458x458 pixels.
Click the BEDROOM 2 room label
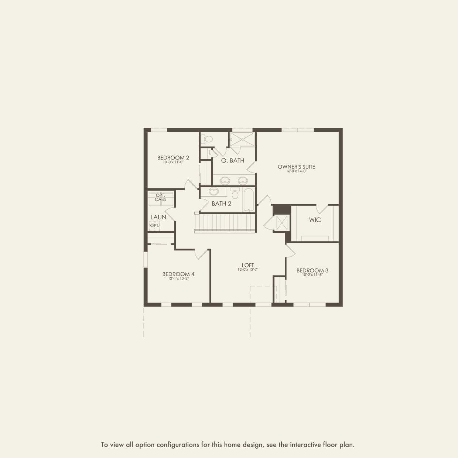tap(173, 158)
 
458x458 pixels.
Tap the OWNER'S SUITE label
tap(296, 167)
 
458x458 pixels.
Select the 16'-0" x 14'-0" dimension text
tap(296, 171)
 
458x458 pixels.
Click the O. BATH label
tap(232, 161)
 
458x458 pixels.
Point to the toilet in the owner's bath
tap(208, 139)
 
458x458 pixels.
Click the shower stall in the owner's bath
tap(242, 139)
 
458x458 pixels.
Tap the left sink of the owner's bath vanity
tap(225, 180)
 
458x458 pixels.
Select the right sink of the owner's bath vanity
tap(242, 180)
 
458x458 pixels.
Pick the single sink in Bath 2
tap(213, 191)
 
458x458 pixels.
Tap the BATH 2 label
tap(221, 204)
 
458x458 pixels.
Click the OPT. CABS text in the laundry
tap(160, 197)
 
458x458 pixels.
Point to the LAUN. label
tap(159, 217)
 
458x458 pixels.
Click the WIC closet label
tap(315, 220)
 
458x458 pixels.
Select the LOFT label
tap(248, 265)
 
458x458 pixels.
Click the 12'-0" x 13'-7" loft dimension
tap(248, 270)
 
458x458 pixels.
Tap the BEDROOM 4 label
tap(178, 274)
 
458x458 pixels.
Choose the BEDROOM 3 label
tap(312, 270)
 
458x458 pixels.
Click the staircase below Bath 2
tap(225, 223)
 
